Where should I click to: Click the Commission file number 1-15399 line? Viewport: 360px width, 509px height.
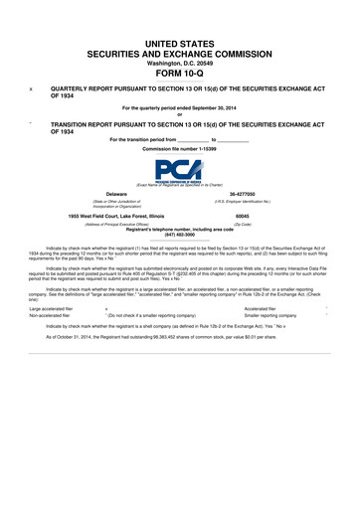pyautogui.click(x=180, y=148)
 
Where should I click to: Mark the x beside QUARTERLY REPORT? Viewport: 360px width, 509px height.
pyautogui.click(x=32, y=87)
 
